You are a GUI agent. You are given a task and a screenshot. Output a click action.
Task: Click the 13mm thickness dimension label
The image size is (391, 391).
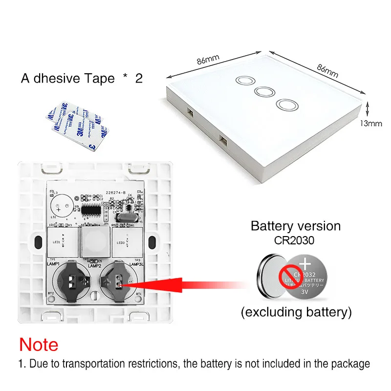coord(371,123)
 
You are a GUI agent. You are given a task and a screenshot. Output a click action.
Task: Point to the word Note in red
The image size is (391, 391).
coord(39,345)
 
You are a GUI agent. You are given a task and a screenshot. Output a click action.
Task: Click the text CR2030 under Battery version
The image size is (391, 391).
coord(296,240)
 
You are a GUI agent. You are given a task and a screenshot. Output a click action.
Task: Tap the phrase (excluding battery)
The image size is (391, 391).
coord(296,312)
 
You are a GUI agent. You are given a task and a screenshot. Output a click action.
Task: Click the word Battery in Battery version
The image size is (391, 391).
coord(272,226)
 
